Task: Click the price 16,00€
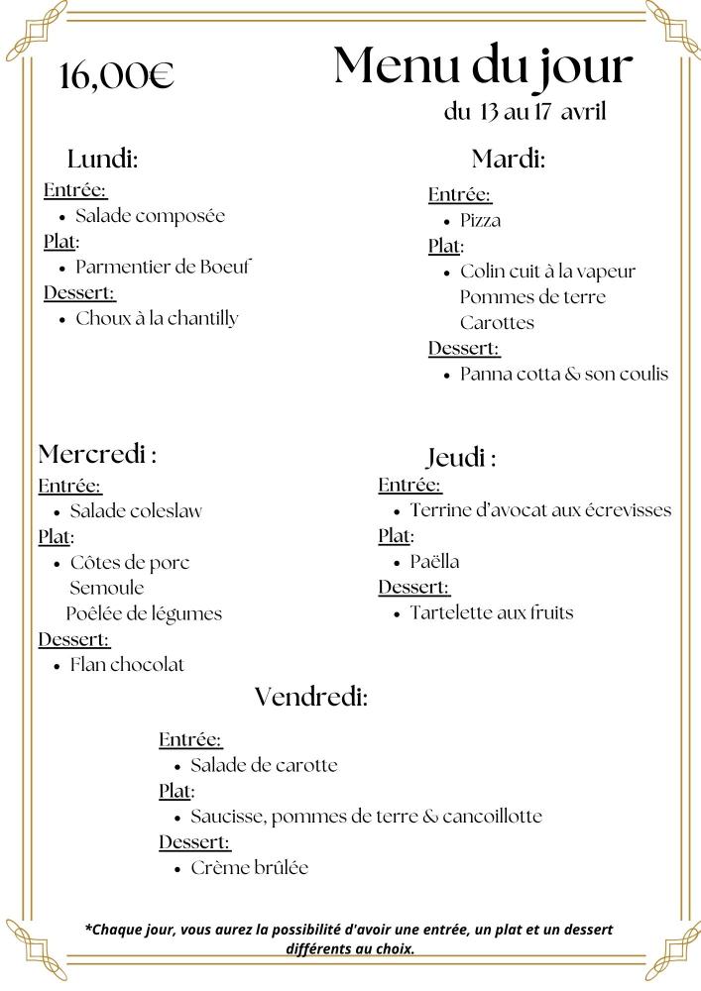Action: coord(117,76)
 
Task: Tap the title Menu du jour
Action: coord(483,65)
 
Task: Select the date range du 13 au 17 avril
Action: coord(525,112)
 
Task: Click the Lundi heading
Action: coord(102,159)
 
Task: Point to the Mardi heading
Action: coord(508,159)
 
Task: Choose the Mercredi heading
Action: coord(97,455)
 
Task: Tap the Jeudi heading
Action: coord(461,458)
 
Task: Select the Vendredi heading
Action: coord(311,697)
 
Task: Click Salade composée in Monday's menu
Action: coord(151,216)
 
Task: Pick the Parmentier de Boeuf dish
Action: coord(165,267)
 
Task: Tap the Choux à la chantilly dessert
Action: coord(158,318)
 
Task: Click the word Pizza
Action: coord(480,220)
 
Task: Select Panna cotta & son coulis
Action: coord(564,375)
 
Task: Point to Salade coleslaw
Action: coord(136,511)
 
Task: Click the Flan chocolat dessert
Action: coord(127,664)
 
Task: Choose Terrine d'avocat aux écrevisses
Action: coord(540,510)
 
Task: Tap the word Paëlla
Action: coord(434,562)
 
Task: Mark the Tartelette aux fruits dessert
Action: coord(491,612)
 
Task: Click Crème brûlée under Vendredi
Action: coord(249,868)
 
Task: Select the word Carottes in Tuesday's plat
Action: coord(497,323)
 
